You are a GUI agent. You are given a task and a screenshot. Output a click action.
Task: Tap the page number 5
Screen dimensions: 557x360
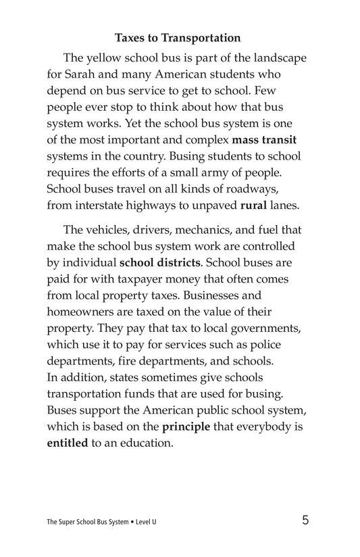[306, 520]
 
